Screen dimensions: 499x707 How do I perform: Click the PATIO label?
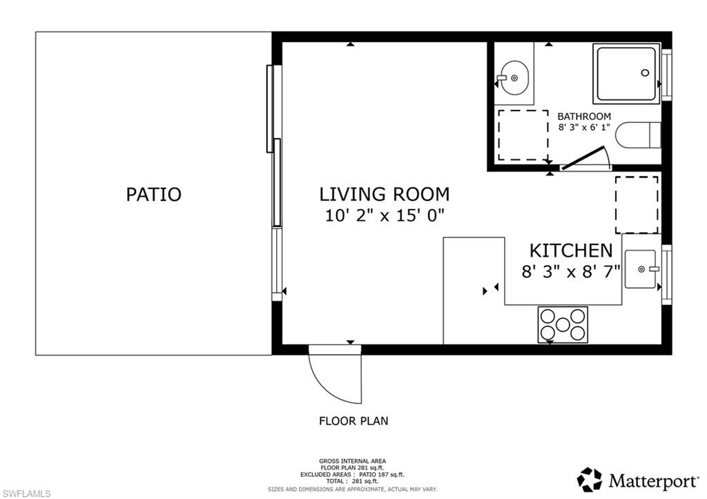(x=153, y=194)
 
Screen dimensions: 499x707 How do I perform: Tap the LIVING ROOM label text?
(x=384, y=194)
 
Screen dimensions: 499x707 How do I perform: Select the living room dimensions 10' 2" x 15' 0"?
(x=384, y=215)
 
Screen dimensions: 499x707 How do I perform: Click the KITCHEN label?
(x=570, y=250)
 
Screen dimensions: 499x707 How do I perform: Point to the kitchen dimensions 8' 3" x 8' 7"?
(x=570, y=271)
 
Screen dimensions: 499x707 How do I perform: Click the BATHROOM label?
(x=584, y=117)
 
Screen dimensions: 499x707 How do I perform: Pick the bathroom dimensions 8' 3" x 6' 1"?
(x=584, y=128)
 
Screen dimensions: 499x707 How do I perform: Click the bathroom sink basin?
(x=514, y=78)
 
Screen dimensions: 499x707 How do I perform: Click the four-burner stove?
(x=563, y=325)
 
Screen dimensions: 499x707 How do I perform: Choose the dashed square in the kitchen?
(x=637, y=204)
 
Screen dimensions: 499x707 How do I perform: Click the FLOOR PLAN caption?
(x=353, y=420)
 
